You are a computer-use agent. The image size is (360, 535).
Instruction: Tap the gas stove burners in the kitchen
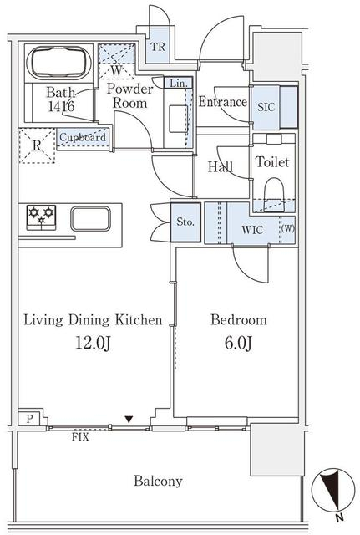[x=41, y=217]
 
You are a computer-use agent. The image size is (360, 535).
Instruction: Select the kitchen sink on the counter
[x=91, y=219]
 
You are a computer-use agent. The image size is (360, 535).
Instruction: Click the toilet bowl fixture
[x=274, y=193]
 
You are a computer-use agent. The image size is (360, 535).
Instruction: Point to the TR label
[x=158, y=47]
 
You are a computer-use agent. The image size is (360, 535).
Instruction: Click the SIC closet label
[x=266, y=107]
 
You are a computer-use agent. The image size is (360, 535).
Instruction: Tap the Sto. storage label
[x=185, y=222]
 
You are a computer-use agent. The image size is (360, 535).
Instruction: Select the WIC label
[x=252, y=230]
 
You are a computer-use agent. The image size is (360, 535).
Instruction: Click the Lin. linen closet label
[x=178, y=84]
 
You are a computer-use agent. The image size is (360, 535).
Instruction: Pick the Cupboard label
[x=83, y=137]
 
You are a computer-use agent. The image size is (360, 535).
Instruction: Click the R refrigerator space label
[x=37, y=145]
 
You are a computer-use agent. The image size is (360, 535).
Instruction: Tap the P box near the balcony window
[x=30, y=419]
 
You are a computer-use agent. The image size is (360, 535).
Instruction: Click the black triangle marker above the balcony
[x=129, y=420]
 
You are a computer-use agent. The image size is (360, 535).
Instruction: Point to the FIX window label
[x=80, y=437]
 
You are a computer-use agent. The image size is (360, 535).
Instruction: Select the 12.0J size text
[x=93, y=343]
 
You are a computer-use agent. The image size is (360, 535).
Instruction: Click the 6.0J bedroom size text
[x=238, y=343]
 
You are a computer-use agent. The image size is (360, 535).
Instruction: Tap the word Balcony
[x=158, y=481]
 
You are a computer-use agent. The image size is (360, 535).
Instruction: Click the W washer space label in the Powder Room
[x=117, y=70]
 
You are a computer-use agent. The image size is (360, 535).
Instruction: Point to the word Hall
[x=221, y=167]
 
